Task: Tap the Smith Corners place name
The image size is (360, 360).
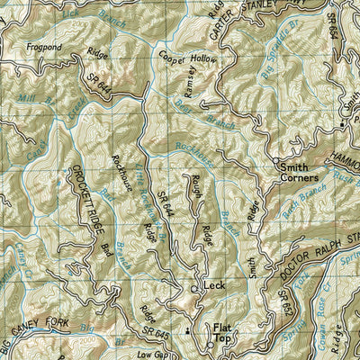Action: [301, 172]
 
